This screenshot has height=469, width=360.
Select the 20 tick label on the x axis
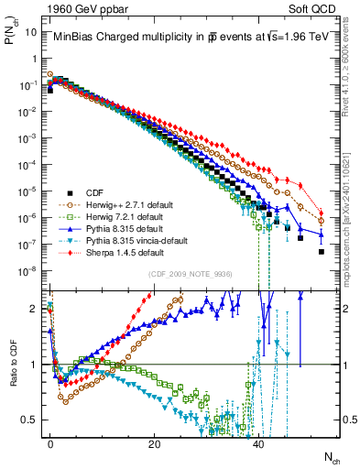155,443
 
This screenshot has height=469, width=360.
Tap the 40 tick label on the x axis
259,443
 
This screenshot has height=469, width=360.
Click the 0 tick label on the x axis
50,443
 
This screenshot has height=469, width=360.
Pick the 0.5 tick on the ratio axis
30,420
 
